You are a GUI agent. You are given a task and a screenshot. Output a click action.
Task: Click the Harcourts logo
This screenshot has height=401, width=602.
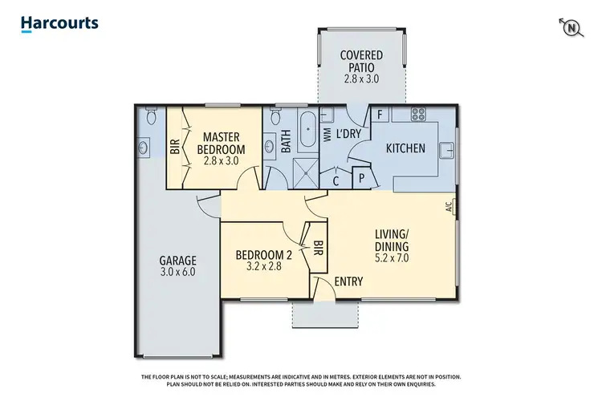point(59,23)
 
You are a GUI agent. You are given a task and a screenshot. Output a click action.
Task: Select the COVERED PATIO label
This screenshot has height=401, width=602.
point(360,60)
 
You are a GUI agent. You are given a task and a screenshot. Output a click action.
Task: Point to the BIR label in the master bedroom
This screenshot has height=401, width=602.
point(175,148)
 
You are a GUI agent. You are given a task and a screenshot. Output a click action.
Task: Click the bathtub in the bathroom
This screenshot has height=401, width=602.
point(307,129)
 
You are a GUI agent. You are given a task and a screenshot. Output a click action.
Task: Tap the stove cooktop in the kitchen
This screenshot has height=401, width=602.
point(418,114)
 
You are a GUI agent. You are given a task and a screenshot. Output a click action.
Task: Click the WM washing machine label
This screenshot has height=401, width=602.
point(327,136)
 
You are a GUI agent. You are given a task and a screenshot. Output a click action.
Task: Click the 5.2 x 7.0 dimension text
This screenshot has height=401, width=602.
point(392,258)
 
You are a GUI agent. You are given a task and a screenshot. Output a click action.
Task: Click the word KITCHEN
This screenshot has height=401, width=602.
point(405,148)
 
